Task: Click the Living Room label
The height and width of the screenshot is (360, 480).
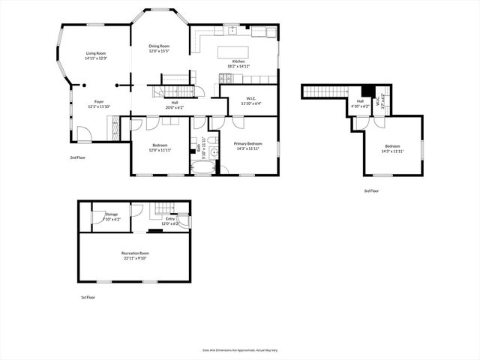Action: (x=95, y=53)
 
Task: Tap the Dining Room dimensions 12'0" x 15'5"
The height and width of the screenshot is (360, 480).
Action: (x=158, y=51)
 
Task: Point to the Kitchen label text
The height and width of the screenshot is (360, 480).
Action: (x=238, y=61)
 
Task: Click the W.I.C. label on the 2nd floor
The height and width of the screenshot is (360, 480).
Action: (x=252, y=99)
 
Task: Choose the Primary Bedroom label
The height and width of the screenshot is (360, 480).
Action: (x=247, y=143)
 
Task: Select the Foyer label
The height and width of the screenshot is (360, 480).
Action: (x=99, y=101)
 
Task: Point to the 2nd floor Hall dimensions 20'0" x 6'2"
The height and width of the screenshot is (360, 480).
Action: (x=174, y=107)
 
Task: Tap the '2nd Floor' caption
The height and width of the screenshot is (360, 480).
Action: (x=77, y=157)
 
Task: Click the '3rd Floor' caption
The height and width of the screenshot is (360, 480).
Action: (x=371, y=191)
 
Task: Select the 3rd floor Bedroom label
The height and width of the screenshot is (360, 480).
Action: (x=393, y=146)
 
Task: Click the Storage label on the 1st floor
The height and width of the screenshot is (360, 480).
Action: (x=111, y=214)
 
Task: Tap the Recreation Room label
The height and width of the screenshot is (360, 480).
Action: (x=135, y=253)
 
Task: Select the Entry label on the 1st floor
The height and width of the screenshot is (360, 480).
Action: (x=170, y=219)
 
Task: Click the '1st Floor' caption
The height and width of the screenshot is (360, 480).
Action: (x=88, y=298)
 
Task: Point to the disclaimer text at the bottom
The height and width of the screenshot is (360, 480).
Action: (x=239, y=350)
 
